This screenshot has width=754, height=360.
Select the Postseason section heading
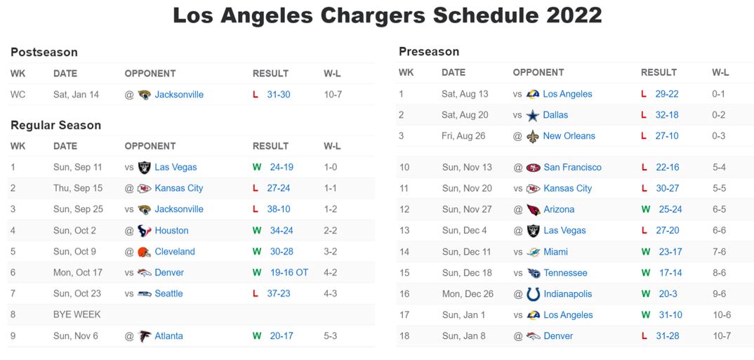(x=44, y=52)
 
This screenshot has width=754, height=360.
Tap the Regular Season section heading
(x=55, y=125)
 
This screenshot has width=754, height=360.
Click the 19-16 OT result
(x=289, y=272)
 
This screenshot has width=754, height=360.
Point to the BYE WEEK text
(x=77, y=314)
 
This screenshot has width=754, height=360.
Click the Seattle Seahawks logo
(x=144, y=293)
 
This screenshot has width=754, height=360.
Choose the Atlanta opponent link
(x=168, y=335)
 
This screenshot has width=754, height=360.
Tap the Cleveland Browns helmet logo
(x=144, y=251)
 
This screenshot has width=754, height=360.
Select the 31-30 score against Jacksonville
(x=278, y=94)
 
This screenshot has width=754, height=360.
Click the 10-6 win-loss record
(x=722, y=315)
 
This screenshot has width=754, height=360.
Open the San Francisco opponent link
(x=572, y=167)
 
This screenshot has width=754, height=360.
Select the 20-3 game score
(x=668, y=294)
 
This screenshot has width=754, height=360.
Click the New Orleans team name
(x=569, y=135)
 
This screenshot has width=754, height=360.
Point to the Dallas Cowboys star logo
(x=533, y=115)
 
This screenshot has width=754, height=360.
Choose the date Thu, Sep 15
(x=78, y=188)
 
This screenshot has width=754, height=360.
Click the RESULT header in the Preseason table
(x=659, y=72)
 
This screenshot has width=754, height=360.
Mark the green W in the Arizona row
(x=645, y=209)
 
